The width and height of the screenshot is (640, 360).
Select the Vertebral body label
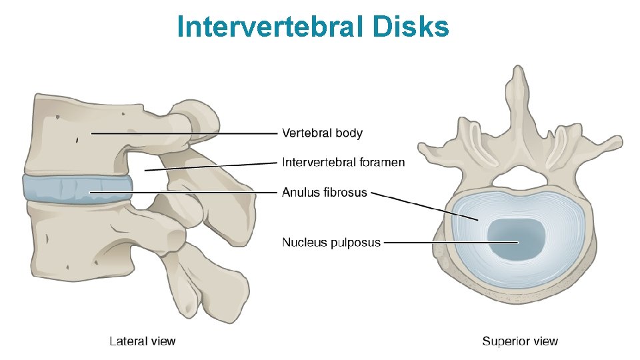[322, 133]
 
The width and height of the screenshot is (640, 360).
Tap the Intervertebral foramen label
[343, 162]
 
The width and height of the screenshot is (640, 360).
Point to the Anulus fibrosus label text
[324, 192]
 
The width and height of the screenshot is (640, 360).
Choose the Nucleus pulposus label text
[331, 242]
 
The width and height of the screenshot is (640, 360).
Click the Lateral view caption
[142, 341]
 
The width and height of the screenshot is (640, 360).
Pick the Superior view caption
[520, 341]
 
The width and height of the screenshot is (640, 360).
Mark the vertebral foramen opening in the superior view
[518, 176]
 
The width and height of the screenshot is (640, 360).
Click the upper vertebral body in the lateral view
[73, 133]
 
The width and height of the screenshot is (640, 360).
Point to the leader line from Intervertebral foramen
[213, 166]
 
